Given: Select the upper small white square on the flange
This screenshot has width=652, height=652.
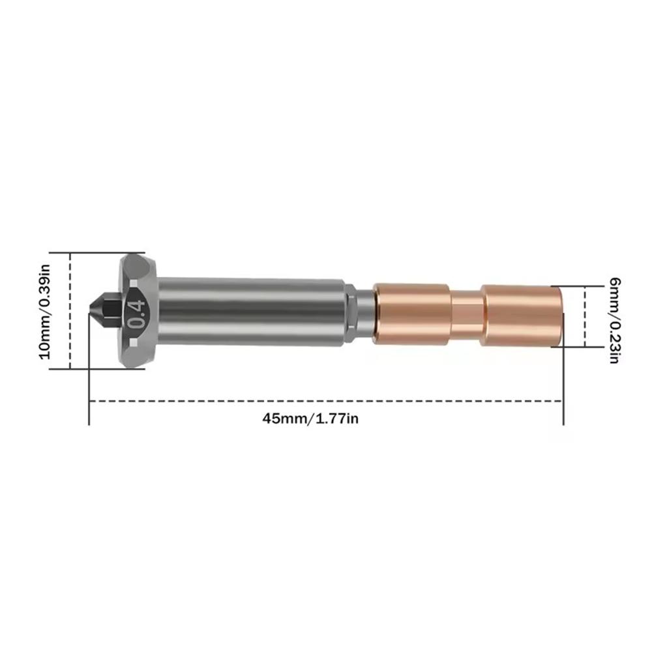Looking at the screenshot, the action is pyautogui.click(x=134, y=284).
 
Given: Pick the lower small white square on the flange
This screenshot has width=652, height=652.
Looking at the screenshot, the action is pyautogui.click(x=134, y=342).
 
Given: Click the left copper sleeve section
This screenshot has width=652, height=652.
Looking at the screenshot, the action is pyautogui.click(x=411, y=314).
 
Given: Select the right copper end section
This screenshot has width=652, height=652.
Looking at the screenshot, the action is pyautogui.click(x=522, y=315).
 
